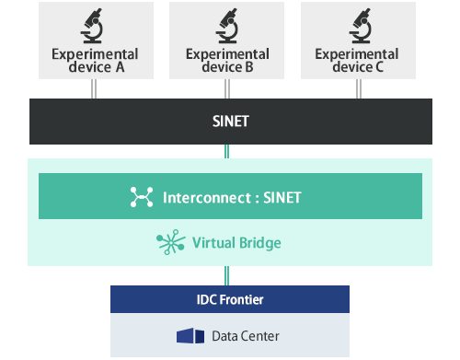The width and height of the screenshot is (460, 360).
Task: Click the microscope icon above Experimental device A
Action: click(93, 26)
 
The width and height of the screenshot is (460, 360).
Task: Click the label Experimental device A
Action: click(93, 61)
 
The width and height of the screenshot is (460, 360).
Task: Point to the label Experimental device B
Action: click(227, 61)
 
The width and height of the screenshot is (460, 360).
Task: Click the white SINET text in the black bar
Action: click(229, 120)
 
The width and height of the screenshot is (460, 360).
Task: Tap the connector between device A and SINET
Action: click(93, 89)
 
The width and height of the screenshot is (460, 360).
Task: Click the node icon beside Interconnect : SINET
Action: click(142, 197)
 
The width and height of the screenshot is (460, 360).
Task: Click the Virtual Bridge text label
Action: click(236, 243)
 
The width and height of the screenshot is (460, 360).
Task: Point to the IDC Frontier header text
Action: click(230, 298)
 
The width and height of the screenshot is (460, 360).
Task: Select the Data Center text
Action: click(245, 336)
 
